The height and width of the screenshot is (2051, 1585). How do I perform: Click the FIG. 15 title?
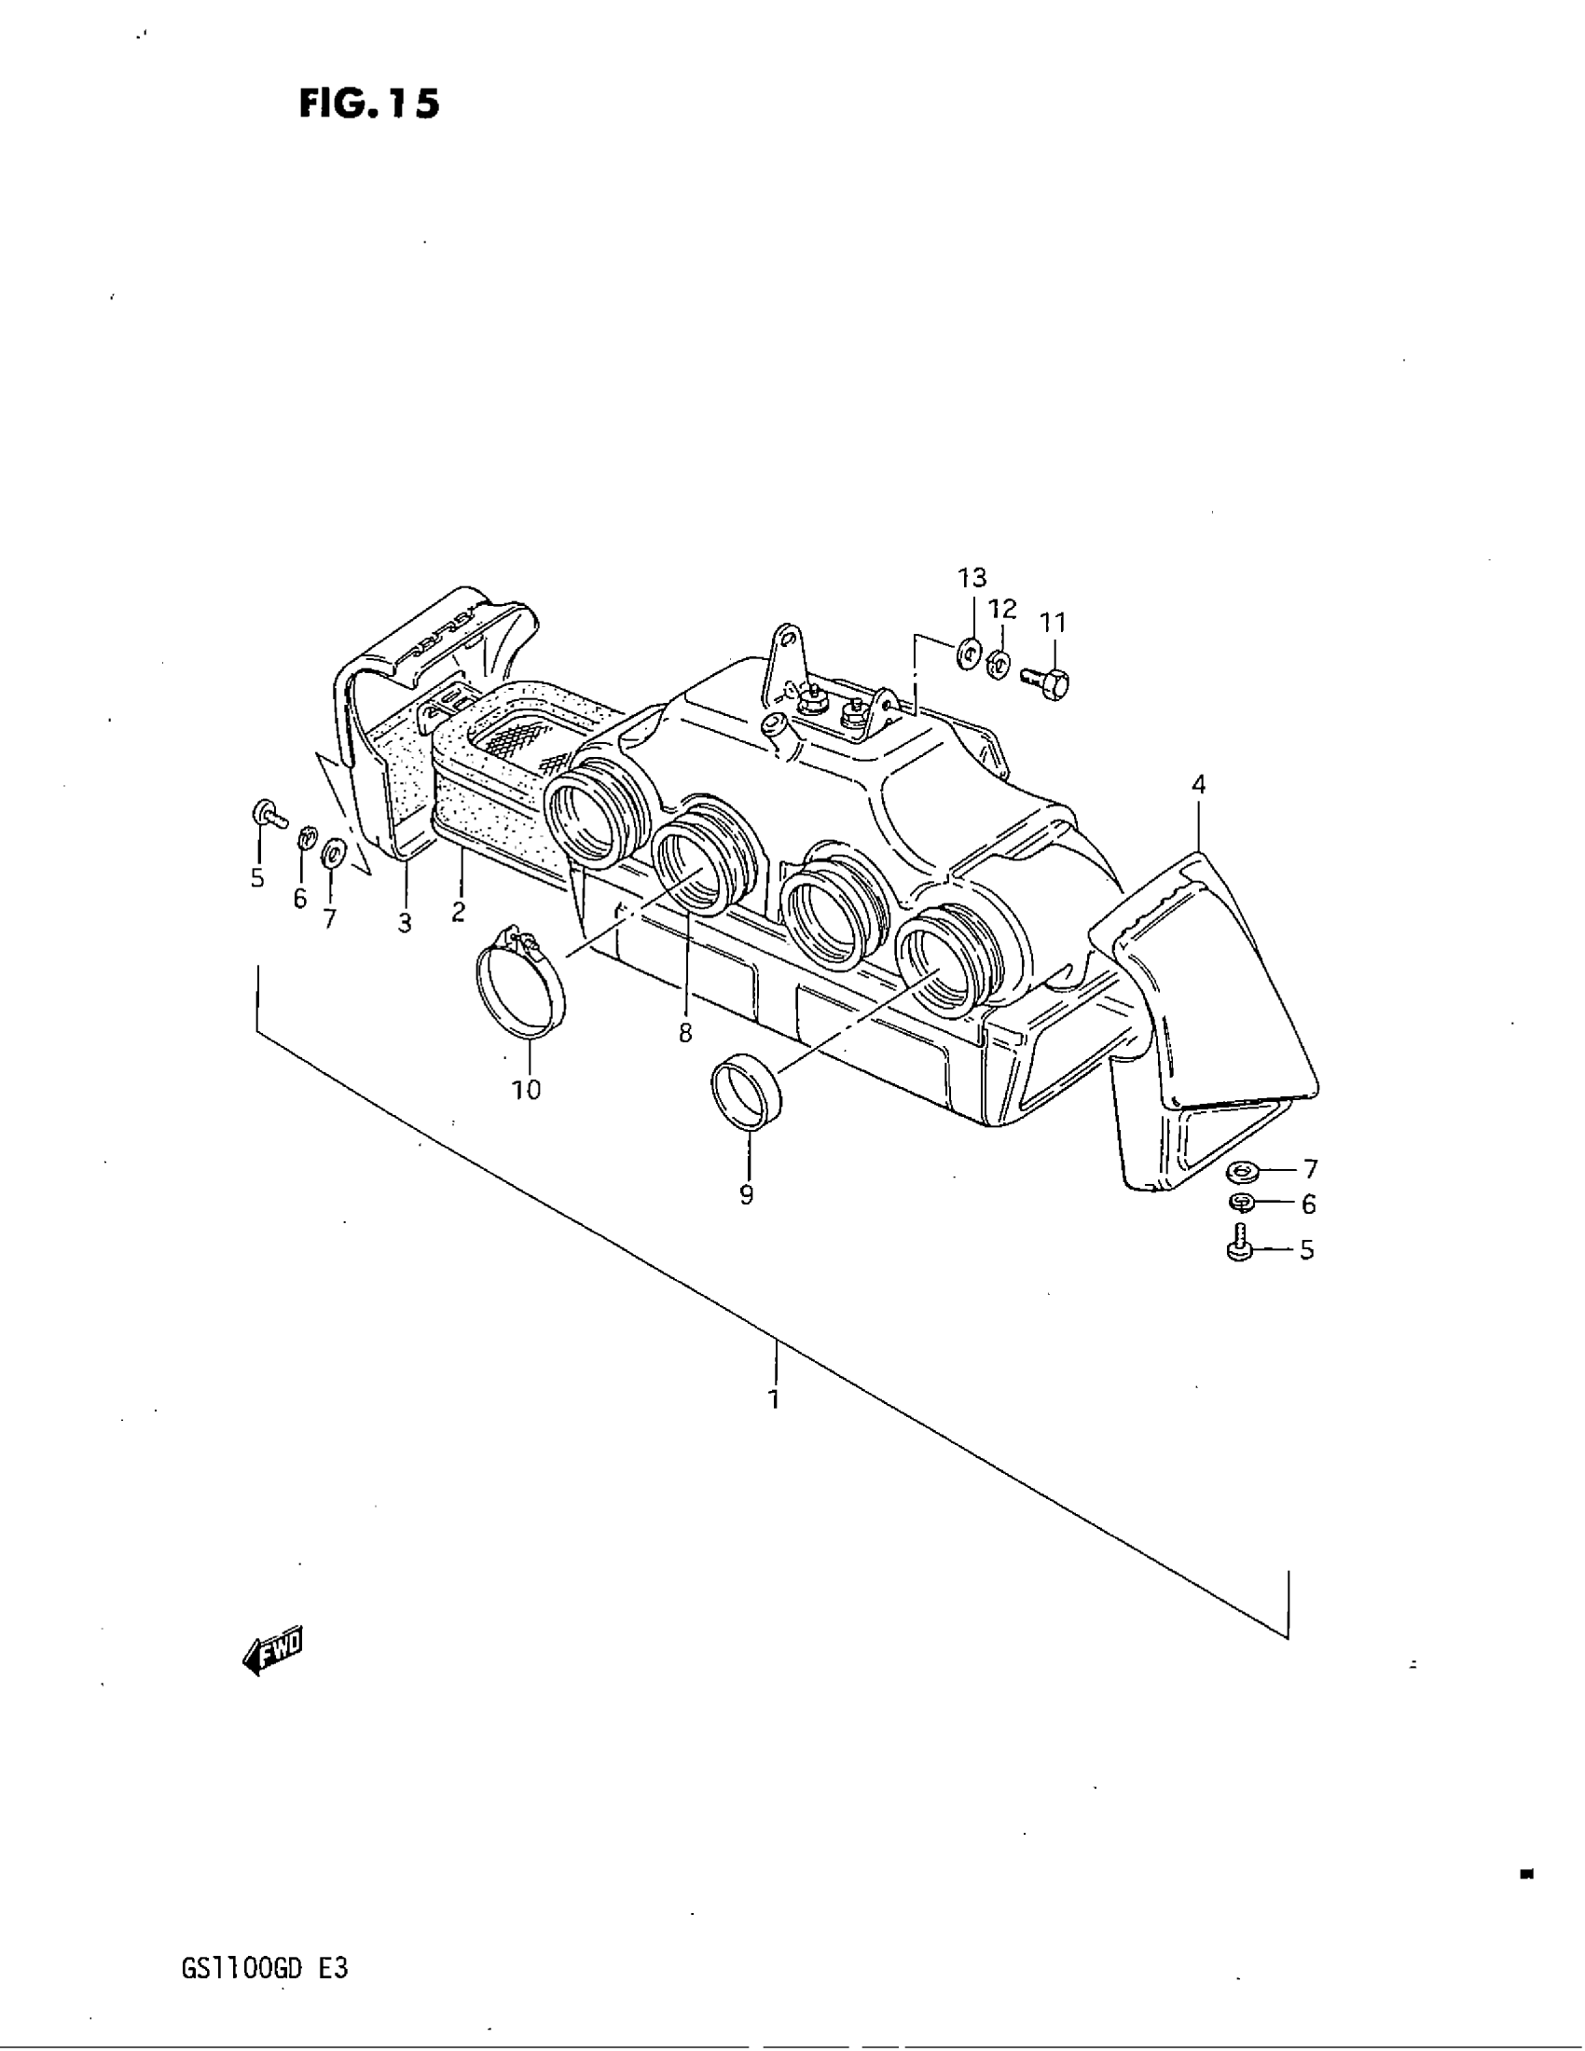pos(369,103)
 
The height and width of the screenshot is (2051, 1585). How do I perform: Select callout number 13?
pos(972,578)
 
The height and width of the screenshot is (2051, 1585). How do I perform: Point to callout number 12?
pos(1003,609)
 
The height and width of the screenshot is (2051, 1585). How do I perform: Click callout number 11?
pos(1053,622)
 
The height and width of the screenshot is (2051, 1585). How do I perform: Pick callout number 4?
pos(1198,784)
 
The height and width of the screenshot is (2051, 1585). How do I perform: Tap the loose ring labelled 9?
pos(747,1092)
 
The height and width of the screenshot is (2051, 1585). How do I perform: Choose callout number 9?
pos(747,1194)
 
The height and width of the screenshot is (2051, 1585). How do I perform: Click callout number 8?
pos(685,1033)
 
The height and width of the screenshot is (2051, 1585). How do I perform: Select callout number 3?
pos(405,923)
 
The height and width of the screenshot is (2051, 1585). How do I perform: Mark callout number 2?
pos(458,911)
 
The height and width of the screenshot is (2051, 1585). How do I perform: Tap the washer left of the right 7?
pos(1245,1170)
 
